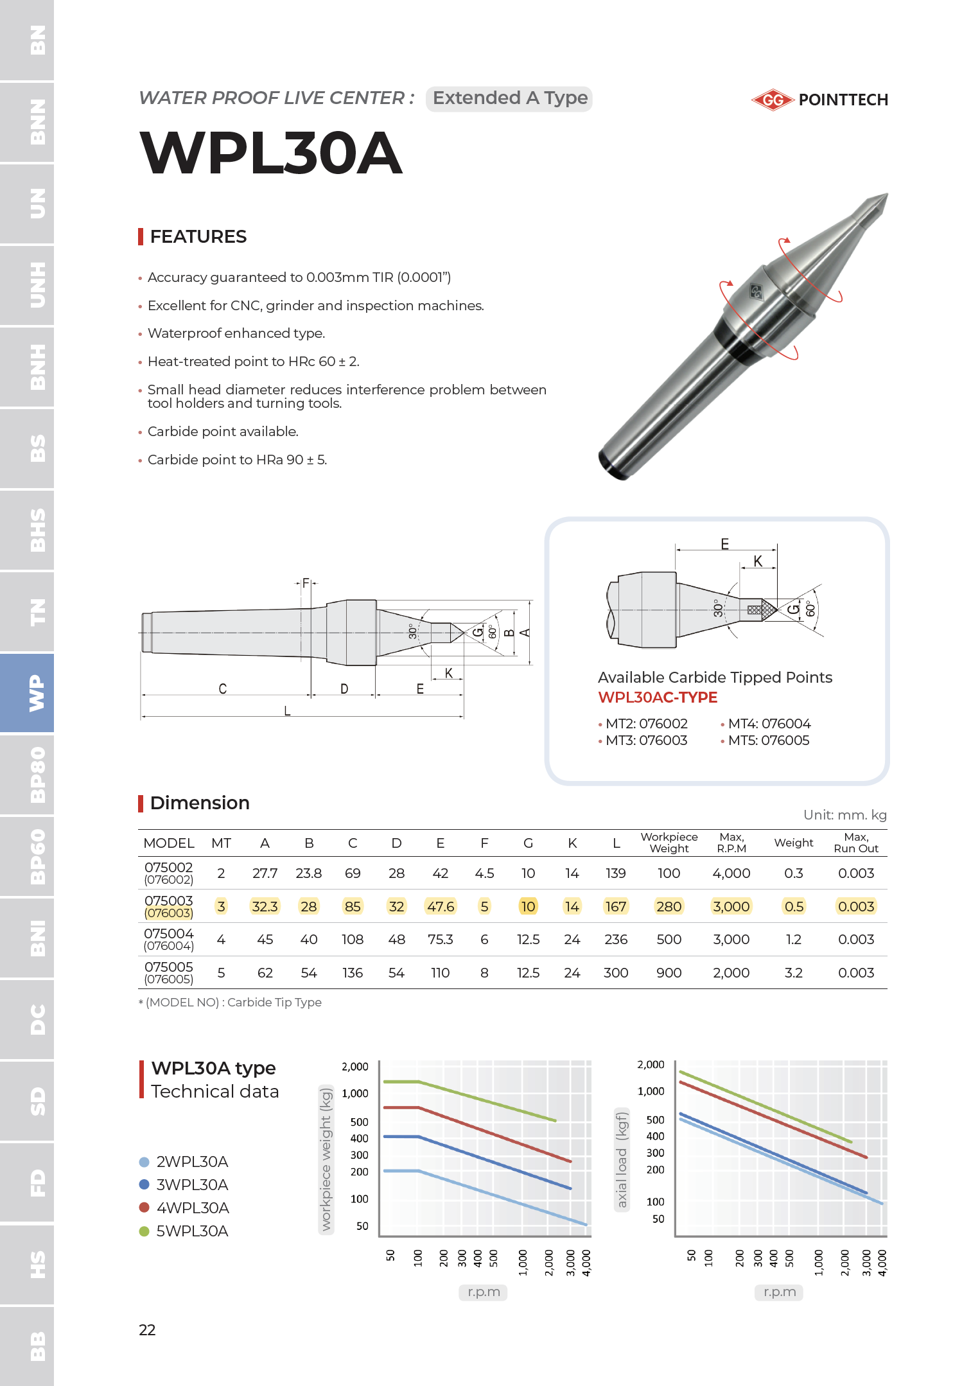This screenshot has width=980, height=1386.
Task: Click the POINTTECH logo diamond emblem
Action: point(773,100)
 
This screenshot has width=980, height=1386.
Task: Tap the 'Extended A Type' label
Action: point(510,98)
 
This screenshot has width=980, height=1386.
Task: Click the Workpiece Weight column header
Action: point(669,843)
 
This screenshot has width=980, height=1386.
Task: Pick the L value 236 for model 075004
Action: point(615,940)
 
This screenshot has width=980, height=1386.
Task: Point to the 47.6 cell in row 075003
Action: point(441,906)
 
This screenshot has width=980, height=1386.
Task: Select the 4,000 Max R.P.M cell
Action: point(731,873)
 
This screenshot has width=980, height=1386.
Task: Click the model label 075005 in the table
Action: point(169,967)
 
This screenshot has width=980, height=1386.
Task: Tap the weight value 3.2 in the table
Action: point(793,973)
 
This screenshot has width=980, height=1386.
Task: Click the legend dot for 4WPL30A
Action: point(144,1207)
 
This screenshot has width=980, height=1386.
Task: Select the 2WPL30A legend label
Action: point(192,1162)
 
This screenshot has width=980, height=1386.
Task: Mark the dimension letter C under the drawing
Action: point(222,689)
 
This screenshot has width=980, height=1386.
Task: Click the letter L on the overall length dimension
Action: point(287,711)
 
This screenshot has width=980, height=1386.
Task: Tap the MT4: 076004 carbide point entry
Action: point(769,724)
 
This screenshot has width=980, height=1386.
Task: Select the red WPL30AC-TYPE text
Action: point(658,697)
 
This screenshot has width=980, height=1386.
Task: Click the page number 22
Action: point(147,1330)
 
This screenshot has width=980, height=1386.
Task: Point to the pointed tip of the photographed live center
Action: point(886,195)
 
